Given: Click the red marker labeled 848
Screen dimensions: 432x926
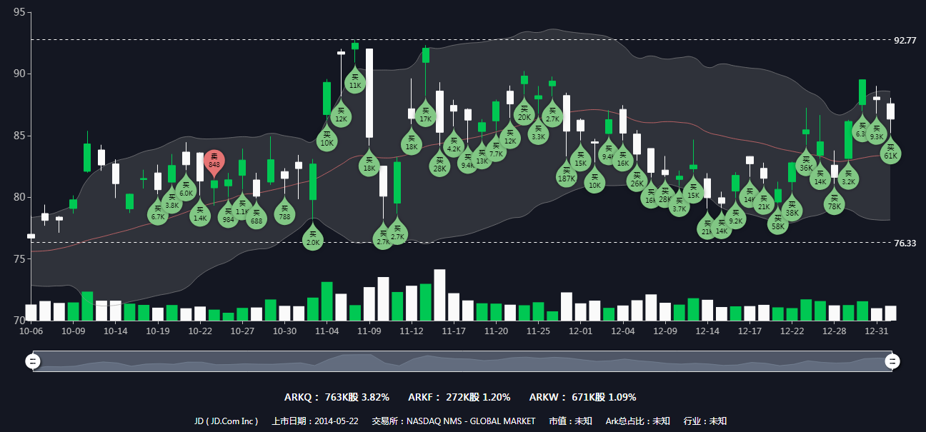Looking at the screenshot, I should point(214,161).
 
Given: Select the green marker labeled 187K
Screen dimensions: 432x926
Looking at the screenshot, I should point(567,175).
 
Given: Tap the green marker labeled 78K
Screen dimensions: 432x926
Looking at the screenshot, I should point(834,203).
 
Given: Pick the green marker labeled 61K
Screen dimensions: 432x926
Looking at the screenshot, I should point(890,152).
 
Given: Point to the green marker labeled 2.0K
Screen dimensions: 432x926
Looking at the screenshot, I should point(313,238).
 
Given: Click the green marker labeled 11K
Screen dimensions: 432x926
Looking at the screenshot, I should point(355,81).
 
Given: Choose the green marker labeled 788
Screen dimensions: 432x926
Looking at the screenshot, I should point(284,214).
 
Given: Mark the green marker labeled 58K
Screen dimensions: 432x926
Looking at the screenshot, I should point(778,223).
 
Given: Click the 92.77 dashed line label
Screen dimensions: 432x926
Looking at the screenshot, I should point(905,40).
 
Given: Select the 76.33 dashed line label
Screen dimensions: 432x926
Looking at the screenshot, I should point(905,243).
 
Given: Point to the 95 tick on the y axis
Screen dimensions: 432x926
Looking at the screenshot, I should point(19,13).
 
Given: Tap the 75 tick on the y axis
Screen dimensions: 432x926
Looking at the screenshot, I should point(19,258).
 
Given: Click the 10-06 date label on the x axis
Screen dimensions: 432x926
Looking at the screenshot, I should point(31,331).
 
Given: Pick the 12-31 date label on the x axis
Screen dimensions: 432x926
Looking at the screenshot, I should point(877,331).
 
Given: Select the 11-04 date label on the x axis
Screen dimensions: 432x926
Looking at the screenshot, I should point(327,331).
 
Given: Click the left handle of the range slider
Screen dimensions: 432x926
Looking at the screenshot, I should point(32,361).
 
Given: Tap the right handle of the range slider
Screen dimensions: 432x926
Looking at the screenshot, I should point(892,361).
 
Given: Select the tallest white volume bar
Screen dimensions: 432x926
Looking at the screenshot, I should point(439,295).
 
